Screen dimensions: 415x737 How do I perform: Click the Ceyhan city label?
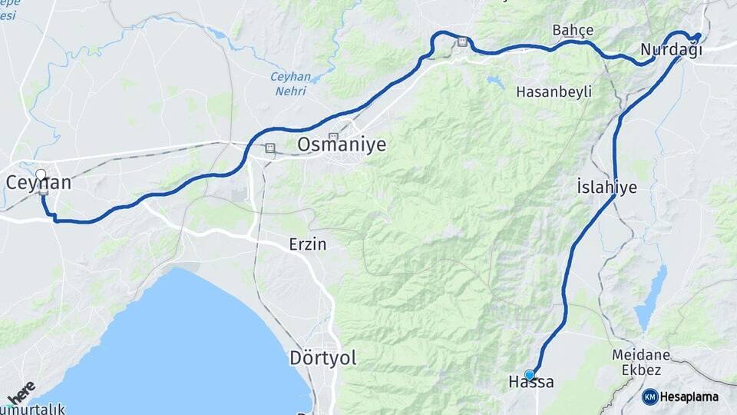38,183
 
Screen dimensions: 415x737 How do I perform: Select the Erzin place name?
308,244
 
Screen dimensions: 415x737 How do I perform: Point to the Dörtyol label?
323,357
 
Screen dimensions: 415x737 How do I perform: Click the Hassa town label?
530,382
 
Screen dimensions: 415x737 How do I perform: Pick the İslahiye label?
606,187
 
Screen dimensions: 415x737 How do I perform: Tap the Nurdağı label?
671,51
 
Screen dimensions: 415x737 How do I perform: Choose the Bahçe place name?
573,30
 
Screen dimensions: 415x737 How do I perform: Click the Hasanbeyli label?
554,91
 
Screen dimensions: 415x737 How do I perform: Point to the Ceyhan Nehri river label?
290,83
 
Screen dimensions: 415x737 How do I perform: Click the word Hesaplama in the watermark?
689,397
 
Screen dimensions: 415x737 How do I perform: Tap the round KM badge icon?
649,397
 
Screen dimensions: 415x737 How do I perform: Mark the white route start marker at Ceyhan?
41,174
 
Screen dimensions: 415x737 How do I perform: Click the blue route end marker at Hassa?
529,374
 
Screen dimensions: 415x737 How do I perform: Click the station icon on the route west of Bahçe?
461,41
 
